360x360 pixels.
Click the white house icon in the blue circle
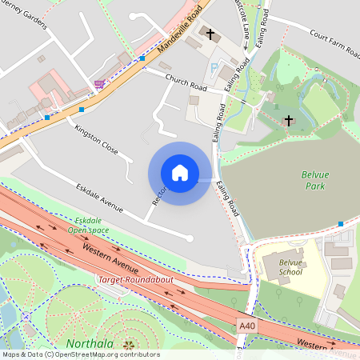pyautogui.click(x=180, y=173)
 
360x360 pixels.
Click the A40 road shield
pyautogui.click(x=250, y=326)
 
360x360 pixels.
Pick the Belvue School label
pyautogui.click(x=290, y=267)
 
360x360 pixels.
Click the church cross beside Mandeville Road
pyautogui.click(x=211, y=34)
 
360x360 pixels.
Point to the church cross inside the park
pyautogui.click(x=289, y=120)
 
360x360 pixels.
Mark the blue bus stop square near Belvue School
pyautogui.click(x=342, y=224)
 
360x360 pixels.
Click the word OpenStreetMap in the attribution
pyautogui.click(x=80, y=354)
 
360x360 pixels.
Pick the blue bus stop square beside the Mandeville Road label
pyautogui.click(x=142, y=58)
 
